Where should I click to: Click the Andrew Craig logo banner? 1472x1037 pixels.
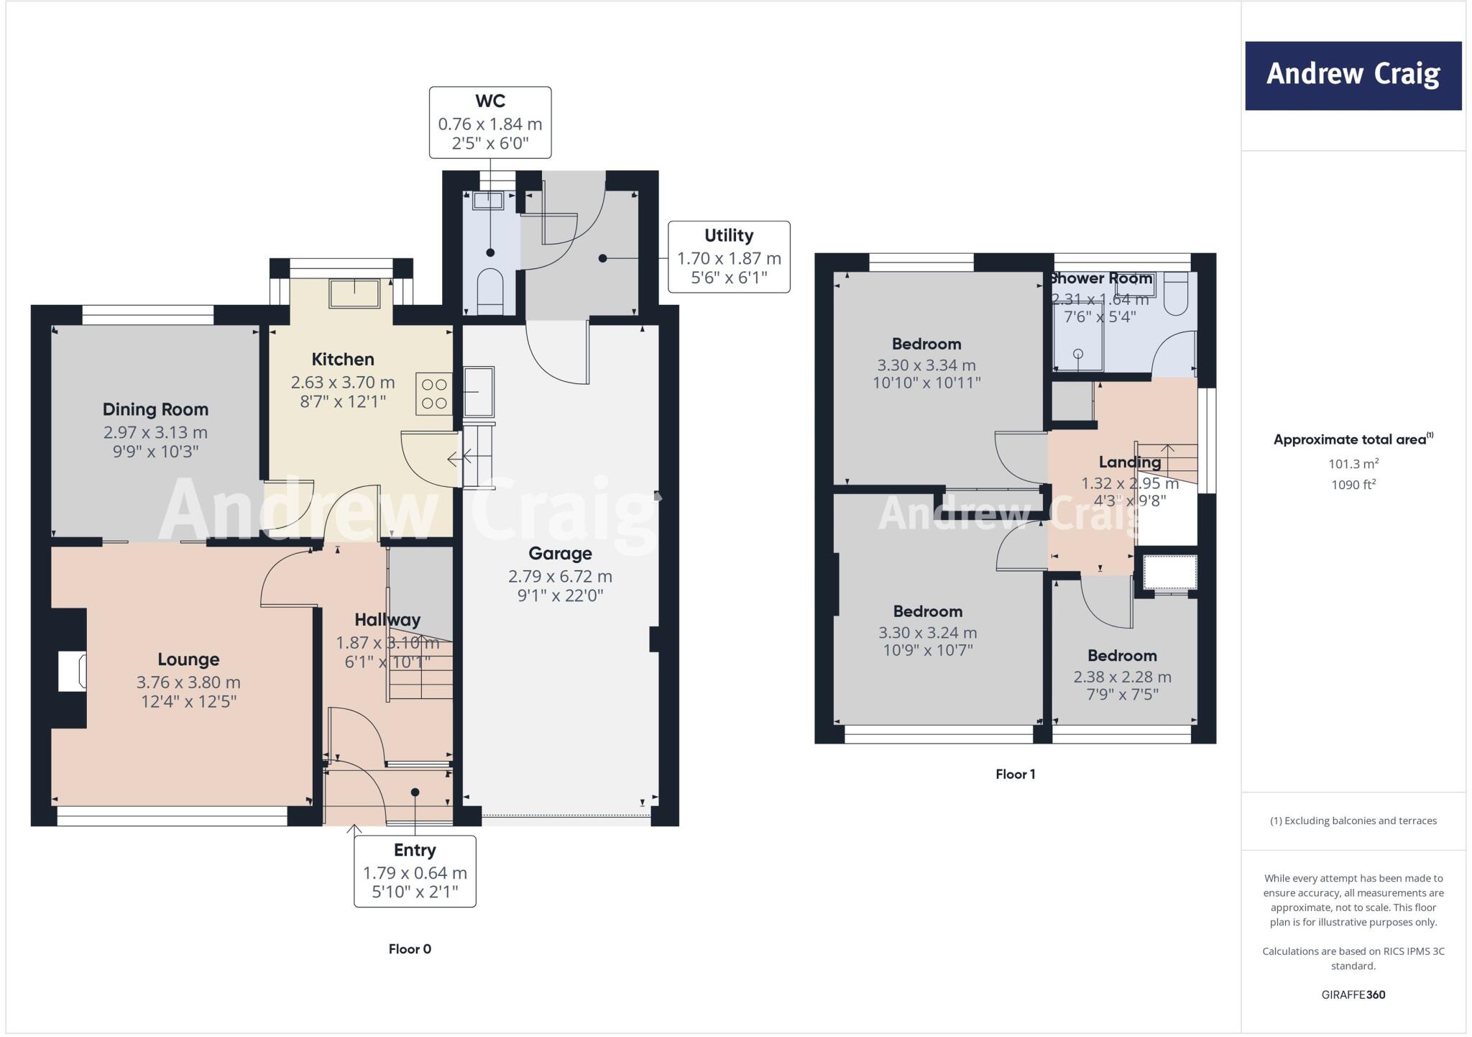coord(1353,76)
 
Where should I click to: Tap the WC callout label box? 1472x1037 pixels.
coord(490,122)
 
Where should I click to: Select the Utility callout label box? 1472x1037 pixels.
coord(729,257)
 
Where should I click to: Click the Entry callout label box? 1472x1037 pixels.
coord(415,871)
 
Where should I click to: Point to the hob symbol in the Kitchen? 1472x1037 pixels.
coord(434,394)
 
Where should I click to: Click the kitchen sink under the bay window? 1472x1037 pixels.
coord(354,293)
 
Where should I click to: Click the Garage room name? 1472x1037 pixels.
coord(560,553)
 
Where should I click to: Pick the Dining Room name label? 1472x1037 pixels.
coord(155,409)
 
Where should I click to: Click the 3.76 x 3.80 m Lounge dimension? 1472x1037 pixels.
coord(188,682)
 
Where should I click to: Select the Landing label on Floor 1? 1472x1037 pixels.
coord(1129,462)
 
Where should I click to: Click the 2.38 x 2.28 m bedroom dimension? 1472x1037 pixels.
coord(1122,677)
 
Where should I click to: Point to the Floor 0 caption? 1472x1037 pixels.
coord(410,949)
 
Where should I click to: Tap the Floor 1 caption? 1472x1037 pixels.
coord(1015,774)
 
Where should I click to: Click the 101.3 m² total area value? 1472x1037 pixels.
coord(1353,464)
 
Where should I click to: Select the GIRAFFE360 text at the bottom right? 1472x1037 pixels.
coord(1353,995)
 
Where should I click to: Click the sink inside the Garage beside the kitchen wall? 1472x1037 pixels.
coord(479,392)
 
